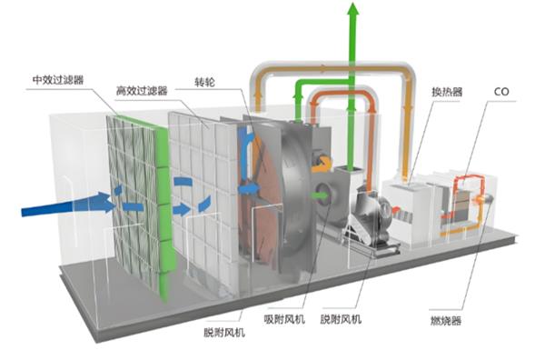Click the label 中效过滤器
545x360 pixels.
point(58,80)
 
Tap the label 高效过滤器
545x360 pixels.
point(142,91)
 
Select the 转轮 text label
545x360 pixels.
point(204,83)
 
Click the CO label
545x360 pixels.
point(501,92)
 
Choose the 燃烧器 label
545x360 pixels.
point(446,320)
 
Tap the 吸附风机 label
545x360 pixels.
point(284,319)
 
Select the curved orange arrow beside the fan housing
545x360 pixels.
point(322,165)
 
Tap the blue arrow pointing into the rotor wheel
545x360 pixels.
point(249,188)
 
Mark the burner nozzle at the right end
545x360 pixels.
point(485,198)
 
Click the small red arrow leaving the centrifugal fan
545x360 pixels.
point(395,210)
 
